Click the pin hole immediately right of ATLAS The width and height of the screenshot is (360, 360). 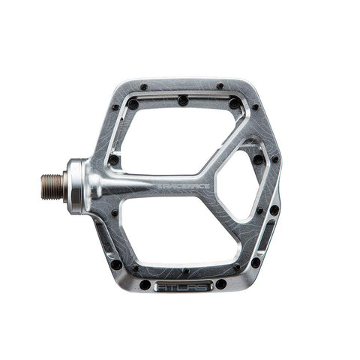220,283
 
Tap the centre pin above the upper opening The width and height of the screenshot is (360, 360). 183,100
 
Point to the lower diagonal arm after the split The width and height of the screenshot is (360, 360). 229,217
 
